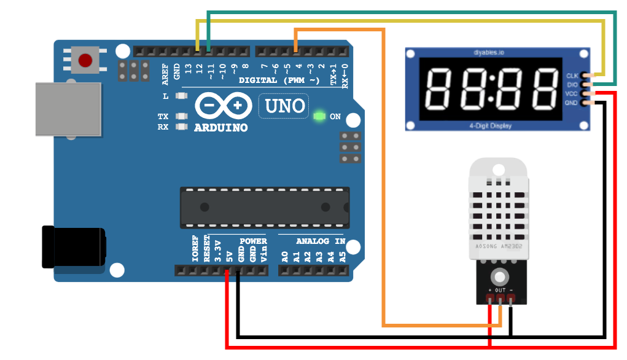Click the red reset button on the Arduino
85,60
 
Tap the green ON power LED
319,116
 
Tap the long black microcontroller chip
265,206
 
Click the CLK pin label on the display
572,76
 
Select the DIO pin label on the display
572,84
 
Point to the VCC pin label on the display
572,93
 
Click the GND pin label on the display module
572,103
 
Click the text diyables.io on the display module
497,52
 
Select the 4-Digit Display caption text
497,126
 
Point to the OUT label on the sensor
500,290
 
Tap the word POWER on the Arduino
253,241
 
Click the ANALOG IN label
321,241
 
